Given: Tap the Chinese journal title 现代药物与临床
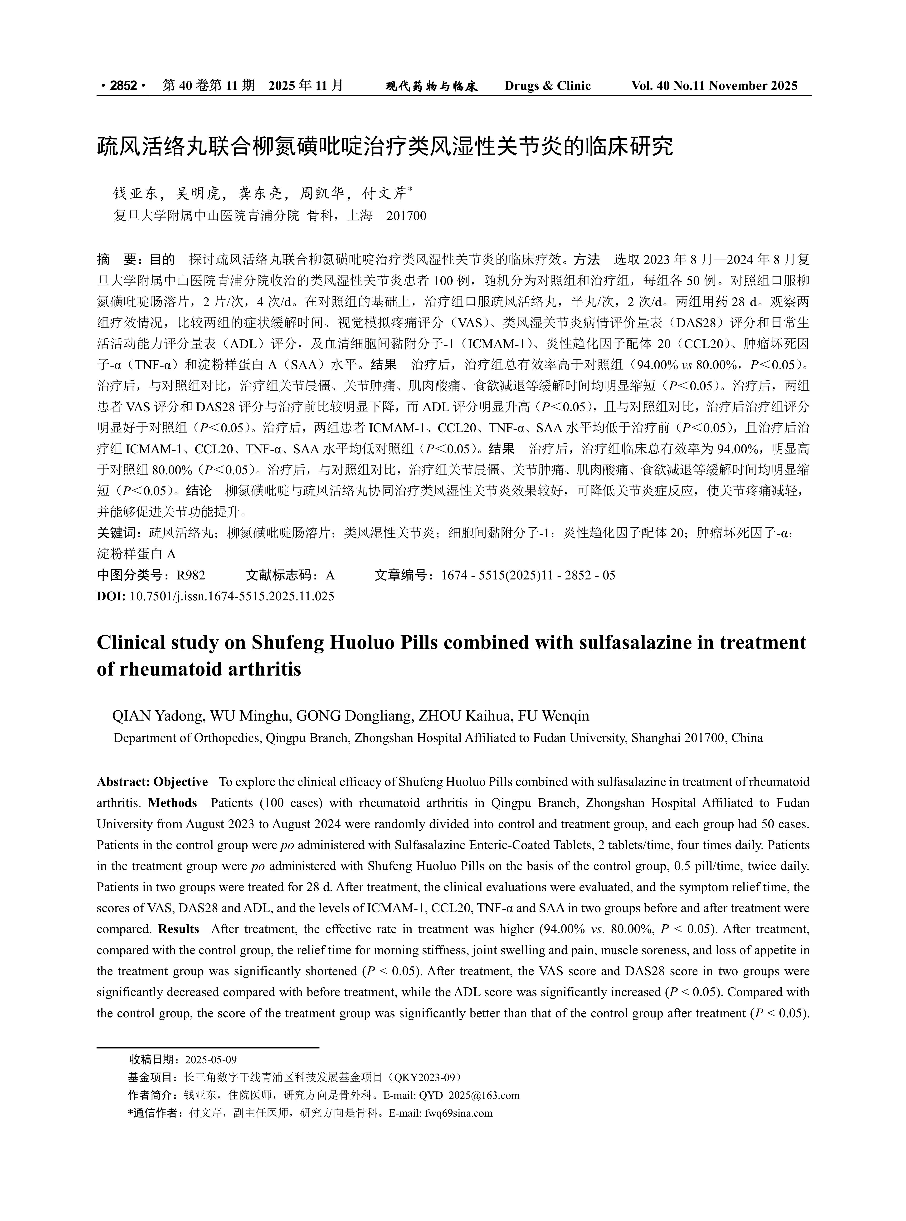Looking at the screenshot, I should (x=432, y=86).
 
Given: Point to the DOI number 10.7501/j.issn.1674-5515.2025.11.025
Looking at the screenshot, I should (x=231, y=596).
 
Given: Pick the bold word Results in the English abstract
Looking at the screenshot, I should (x=178, y=929).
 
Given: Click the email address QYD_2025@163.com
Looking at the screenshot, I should (x=469, y=1095).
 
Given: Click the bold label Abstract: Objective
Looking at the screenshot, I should (x=152, y=782).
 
